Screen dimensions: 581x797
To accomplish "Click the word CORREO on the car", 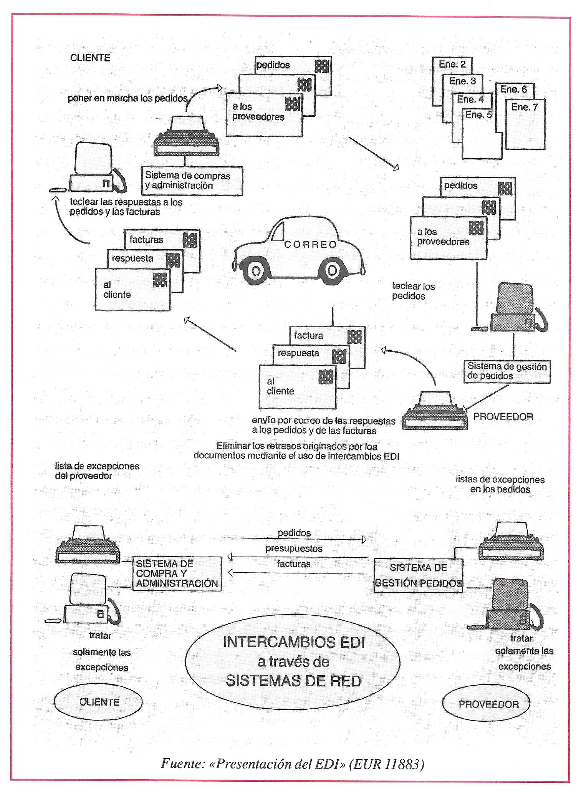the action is point(310,245).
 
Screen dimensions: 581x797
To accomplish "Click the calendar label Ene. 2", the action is point(452,64).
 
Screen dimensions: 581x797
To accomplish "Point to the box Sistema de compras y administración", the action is point(192,181).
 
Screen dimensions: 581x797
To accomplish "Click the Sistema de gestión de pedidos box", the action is point(507,371).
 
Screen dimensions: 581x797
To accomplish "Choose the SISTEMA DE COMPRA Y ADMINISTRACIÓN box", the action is point(177,574).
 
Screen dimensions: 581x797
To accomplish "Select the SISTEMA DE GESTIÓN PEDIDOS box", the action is point(418,575).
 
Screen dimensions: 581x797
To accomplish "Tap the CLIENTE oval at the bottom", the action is point(98,702).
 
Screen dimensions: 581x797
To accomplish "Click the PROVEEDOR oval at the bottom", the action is point(486,704).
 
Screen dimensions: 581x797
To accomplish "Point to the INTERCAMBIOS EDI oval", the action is point(293,662).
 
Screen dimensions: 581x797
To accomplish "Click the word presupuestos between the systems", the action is point(294,549).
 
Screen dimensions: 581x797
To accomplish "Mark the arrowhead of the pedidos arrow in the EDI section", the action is point(364,540).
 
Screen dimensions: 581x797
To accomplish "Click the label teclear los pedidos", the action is point(413,291).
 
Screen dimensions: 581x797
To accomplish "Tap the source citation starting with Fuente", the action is point(292,764).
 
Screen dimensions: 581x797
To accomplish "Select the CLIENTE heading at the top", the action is point(90,58).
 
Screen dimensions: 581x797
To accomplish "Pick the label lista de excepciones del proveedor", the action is point(97,471).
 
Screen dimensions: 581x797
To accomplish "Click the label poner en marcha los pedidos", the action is point(127,98).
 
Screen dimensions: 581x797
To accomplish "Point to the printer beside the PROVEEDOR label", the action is point(435,411).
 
